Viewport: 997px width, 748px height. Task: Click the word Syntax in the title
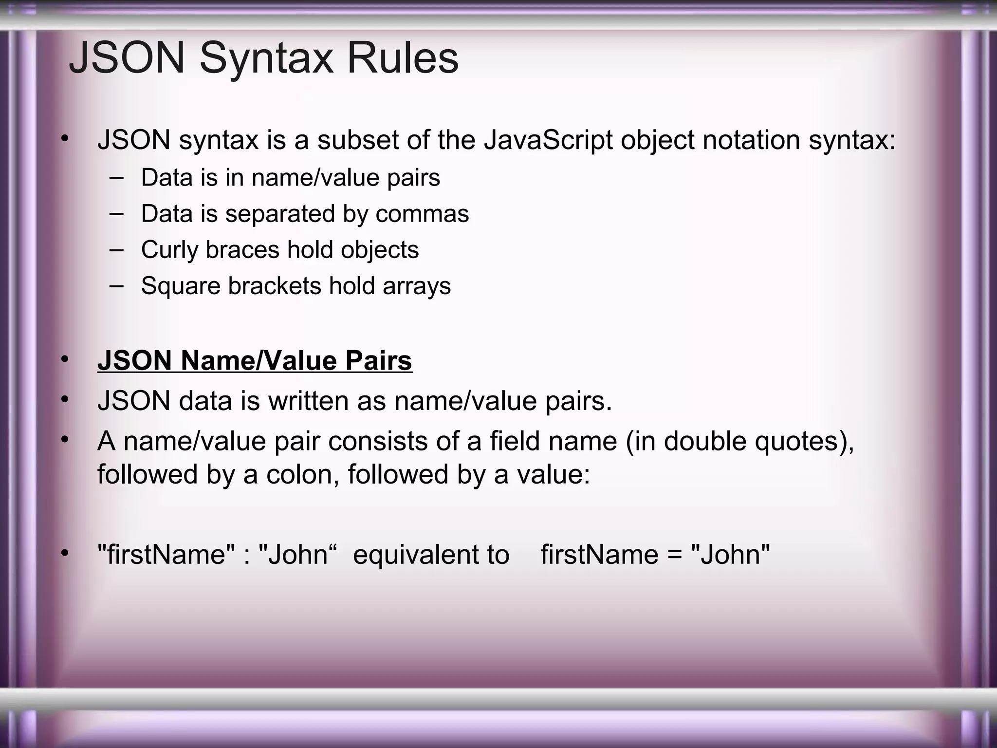pos(266,58)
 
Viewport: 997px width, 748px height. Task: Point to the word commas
pos(422,214)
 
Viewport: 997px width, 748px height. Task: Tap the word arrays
pos(417,286)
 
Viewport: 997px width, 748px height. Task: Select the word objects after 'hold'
pos(380,250)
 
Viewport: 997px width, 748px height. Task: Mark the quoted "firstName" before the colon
pos(166,555)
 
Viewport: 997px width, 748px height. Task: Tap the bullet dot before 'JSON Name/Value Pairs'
pos(65,359)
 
